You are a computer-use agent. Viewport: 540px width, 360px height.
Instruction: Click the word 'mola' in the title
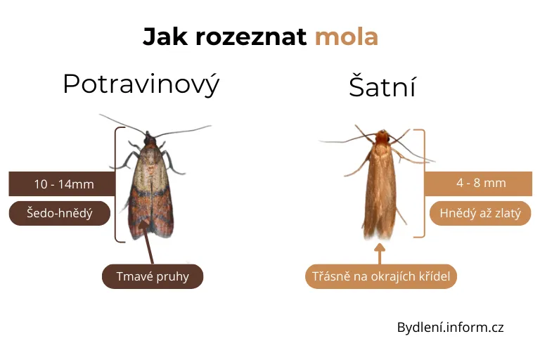346,36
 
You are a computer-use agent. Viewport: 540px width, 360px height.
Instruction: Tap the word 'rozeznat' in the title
251,36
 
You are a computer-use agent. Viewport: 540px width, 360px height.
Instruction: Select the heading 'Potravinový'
141,84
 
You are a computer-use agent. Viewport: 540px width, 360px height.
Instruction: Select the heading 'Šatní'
382,88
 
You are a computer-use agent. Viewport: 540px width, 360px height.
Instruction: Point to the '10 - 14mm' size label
63,184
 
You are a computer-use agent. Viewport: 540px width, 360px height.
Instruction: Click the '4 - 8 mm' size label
480,183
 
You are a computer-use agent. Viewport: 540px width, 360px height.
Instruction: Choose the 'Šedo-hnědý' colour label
60,213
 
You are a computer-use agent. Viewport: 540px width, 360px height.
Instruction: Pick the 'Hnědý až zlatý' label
480,213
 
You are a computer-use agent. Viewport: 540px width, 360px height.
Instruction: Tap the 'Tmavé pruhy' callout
153,276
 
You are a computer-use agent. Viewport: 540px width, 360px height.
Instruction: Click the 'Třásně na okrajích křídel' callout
382,276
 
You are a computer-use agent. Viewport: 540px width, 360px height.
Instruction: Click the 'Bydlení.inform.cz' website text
450,327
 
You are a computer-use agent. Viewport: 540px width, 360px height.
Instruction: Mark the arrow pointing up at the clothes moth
380,253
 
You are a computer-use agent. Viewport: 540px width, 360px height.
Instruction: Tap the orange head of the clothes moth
382,136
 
